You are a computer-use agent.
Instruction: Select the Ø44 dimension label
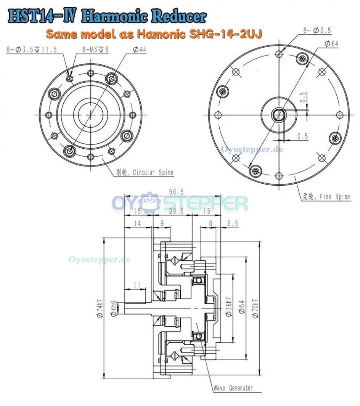(140, 49)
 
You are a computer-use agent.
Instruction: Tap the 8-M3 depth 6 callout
(95, 49)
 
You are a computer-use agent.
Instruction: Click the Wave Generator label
(233, 388)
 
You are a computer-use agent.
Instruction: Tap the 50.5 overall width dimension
(173, 192)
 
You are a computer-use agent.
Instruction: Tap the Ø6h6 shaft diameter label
(113, 308)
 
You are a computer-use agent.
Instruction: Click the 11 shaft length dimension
(138, 285)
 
